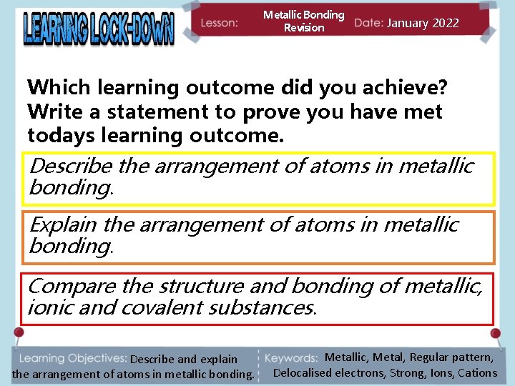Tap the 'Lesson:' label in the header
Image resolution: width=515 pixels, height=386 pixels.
pyautogui.click(x=219, y=23)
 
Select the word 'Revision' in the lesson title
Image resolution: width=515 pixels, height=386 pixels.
pyautogui.click(x=304, y=28)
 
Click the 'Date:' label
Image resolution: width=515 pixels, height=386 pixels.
pyautogui.click(x=368, y=23)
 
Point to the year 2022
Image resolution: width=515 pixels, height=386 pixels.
pyautogui.click(x=446, y=23)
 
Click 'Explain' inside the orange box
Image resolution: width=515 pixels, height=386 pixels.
pyautogui.click(x=64, y=224)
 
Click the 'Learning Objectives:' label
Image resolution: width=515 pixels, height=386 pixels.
pyautogui.click(x=71, y=358)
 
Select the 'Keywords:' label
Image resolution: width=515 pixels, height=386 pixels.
pyautogui.click(x=291, y=358)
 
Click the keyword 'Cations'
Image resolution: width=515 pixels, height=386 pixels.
pyautogui.click(x=477, y=372)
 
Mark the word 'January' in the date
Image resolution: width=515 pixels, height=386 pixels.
pyautogui.click(x=409, y=23)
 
